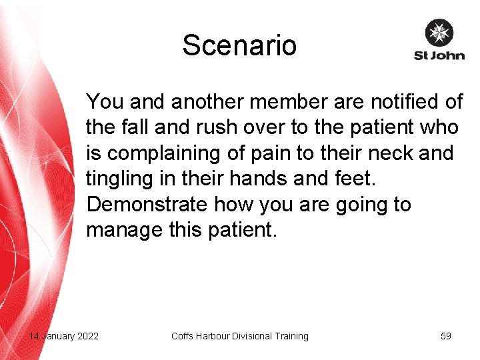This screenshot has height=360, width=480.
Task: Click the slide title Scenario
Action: [x=239, y=45]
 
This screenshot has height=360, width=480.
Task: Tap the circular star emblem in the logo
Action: [x=439, y=33]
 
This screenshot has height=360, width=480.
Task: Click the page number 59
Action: [x=446, y=336]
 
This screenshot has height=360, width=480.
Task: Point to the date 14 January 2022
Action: [x=64, y=336]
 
